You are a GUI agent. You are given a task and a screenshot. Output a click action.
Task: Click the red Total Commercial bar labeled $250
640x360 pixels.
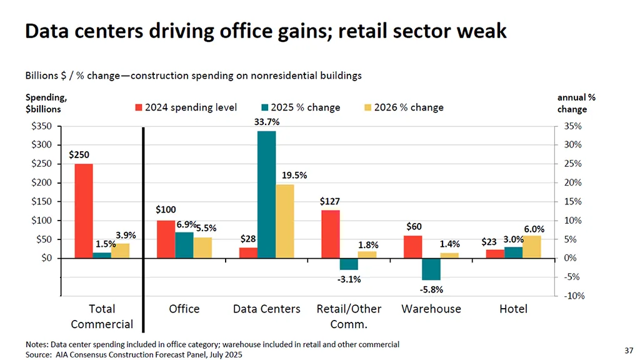click(x=84, y=211)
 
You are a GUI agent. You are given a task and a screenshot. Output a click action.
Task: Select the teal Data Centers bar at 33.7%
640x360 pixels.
click(x=266, y=194)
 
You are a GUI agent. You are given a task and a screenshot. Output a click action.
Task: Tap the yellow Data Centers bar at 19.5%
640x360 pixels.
click(x=284, y=221)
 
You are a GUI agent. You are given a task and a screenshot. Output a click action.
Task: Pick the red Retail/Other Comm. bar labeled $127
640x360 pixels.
click(x=331, y=234)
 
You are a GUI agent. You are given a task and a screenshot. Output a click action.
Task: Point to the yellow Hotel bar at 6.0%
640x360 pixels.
click(x=532, y=247)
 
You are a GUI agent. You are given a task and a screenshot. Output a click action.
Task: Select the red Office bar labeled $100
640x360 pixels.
click(x=166, y=239)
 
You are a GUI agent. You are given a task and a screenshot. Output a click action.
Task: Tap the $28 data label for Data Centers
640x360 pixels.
click(x=249, y=239)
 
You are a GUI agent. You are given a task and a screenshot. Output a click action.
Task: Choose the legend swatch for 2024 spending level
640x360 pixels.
click(x=139, y=107)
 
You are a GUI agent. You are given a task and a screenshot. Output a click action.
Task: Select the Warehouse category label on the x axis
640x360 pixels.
click(x=431, y=309)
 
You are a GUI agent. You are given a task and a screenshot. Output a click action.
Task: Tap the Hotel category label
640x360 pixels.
click(x=513, y=309)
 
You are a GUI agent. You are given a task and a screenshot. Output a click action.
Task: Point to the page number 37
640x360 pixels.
click(x=629, y=349)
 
